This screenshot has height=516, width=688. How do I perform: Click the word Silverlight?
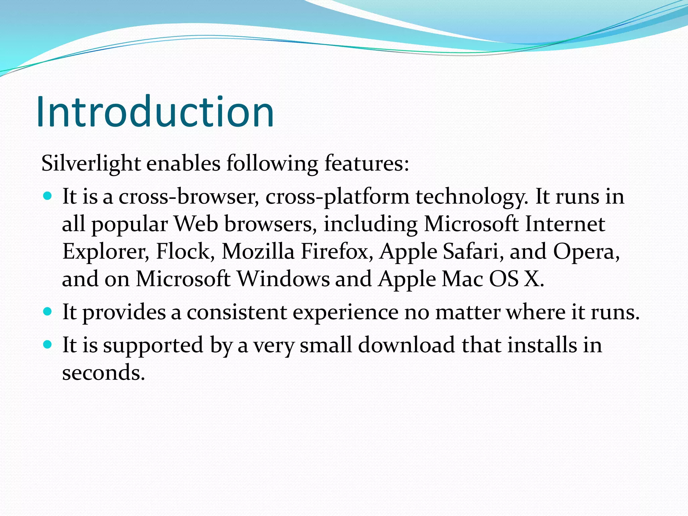click(x=91, y=164)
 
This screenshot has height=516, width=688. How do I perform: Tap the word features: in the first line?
click(x=367, y=164)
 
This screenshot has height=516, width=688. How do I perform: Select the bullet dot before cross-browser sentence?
click(x=48, y=196)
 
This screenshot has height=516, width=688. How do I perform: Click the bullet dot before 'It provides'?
click(x=48, y=311)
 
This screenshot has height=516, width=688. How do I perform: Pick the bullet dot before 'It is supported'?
click(x=48, y=344)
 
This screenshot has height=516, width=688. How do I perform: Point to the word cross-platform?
click(x=337, y=197)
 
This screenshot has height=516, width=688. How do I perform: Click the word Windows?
click(x=283, y=279)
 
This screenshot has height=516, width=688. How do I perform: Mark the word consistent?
click(x=236, y=312)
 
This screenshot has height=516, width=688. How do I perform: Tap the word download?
click(x=406, y=345)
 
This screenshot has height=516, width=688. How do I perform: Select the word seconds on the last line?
click(x=103, y=373)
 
